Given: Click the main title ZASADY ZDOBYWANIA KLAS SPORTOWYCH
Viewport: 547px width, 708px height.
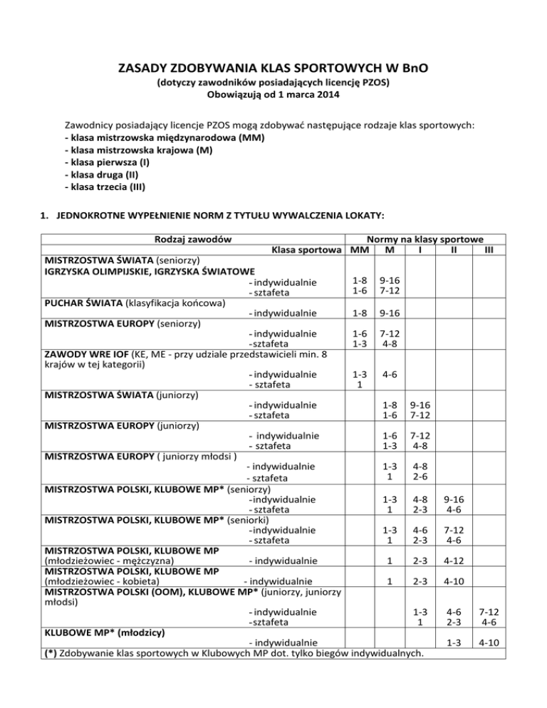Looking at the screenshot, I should pyautogui.click(x=273, y=68).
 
